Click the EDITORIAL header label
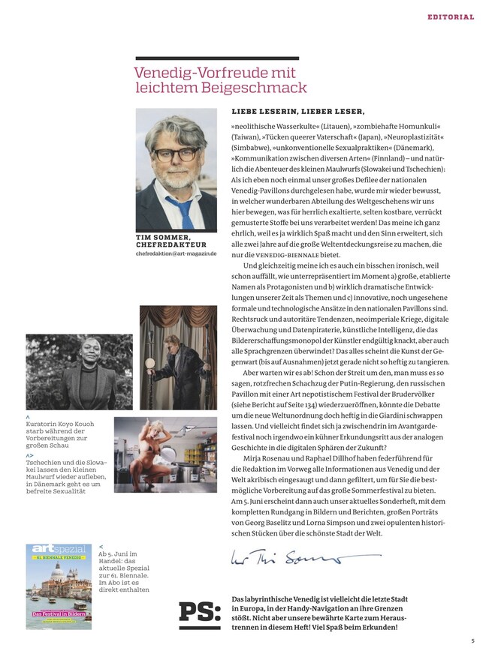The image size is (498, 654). [x=451, y=16]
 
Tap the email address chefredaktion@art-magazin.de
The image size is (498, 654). [x=176, y=254]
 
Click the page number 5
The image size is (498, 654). [x=473, y=640]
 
